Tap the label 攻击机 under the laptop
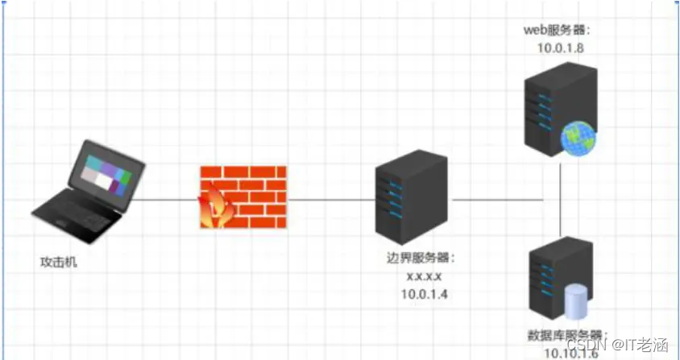click(x=60, y=263)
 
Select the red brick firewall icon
click(x=242, y=197)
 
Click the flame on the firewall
click(x=214, y=209)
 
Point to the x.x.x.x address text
click(x=424, y=276)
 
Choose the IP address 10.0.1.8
click(x=559, y=48)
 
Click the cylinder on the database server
click(x=576, y=301)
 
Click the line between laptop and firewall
click(x=165, y=199)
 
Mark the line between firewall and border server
click(x=330, y=199)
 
